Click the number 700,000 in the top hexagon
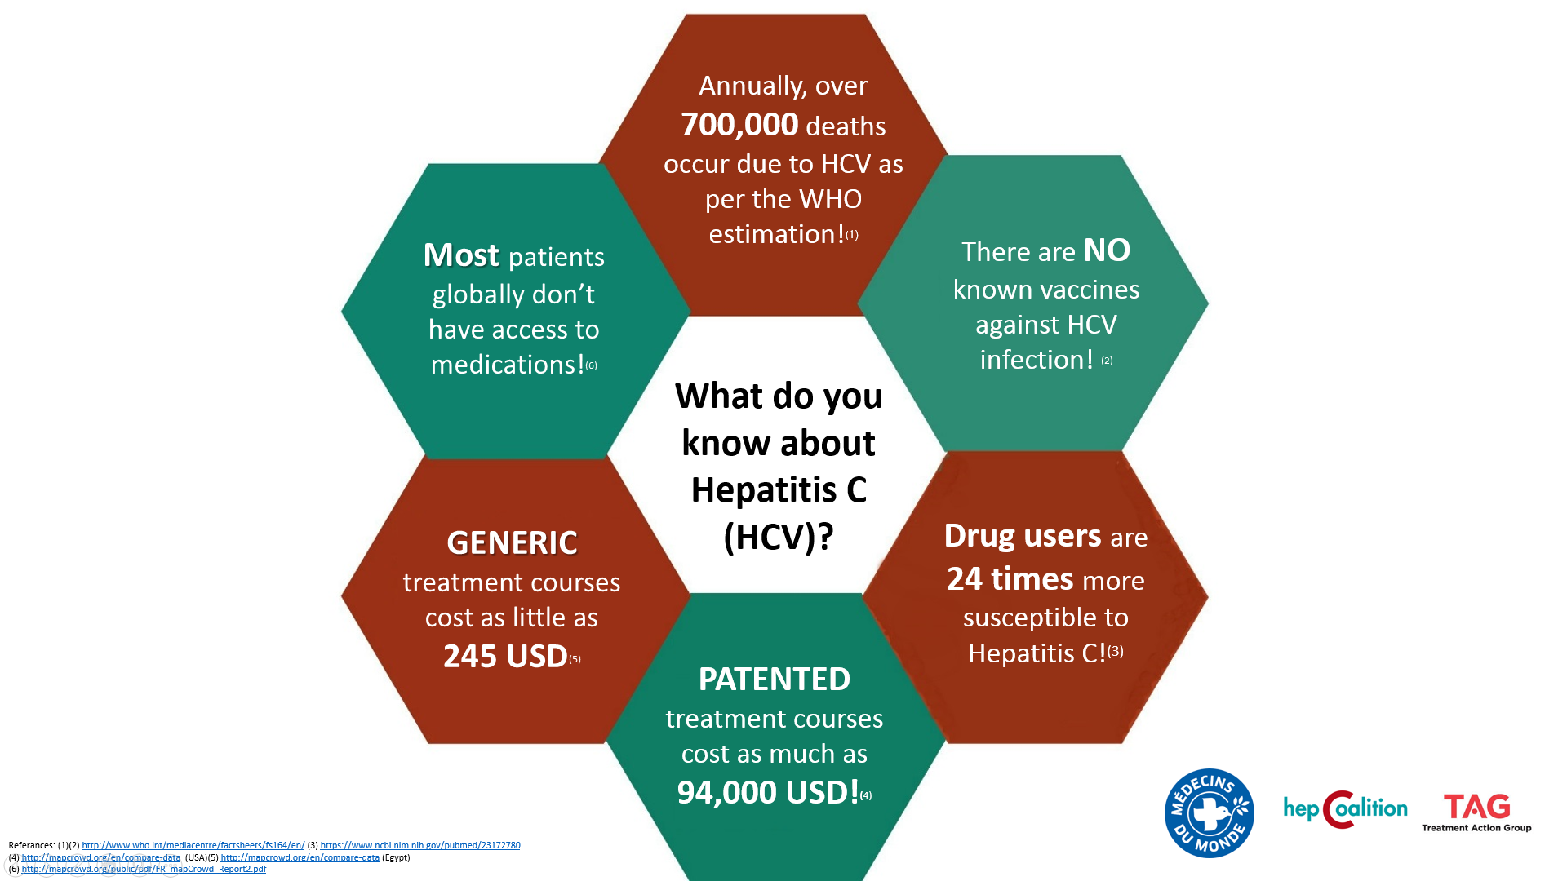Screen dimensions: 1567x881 [739, 125]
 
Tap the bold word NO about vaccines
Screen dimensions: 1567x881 [1107, 250]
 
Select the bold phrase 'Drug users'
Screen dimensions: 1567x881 [1023, 536]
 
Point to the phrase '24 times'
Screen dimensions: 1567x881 [1010, 579]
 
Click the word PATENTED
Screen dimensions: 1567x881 [775, 680]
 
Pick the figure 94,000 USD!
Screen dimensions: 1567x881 [768, 792]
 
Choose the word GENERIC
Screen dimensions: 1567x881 [512, 543]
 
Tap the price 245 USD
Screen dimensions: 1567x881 [505, 657]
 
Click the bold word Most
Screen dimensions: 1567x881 [460, 255]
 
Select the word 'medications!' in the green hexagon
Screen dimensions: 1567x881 [508, 365]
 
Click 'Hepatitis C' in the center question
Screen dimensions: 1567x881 [779, 490]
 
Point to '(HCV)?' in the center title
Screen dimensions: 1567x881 [779, 538]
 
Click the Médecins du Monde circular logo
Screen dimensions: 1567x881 [1210, 813]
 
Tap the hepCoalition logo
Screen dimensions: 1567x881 [1345, 809]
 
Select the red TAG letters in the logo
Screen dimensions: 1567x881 [1476, 807]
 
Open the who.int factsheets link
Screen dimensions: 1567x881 [193, 846]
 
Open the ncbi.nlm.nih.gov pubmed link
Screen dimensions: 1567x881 [420, 846]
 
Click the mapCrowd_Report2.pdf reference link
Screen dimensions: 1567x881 [144, 870]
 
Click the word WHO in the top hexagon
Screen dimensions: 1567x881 [830, 199]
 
